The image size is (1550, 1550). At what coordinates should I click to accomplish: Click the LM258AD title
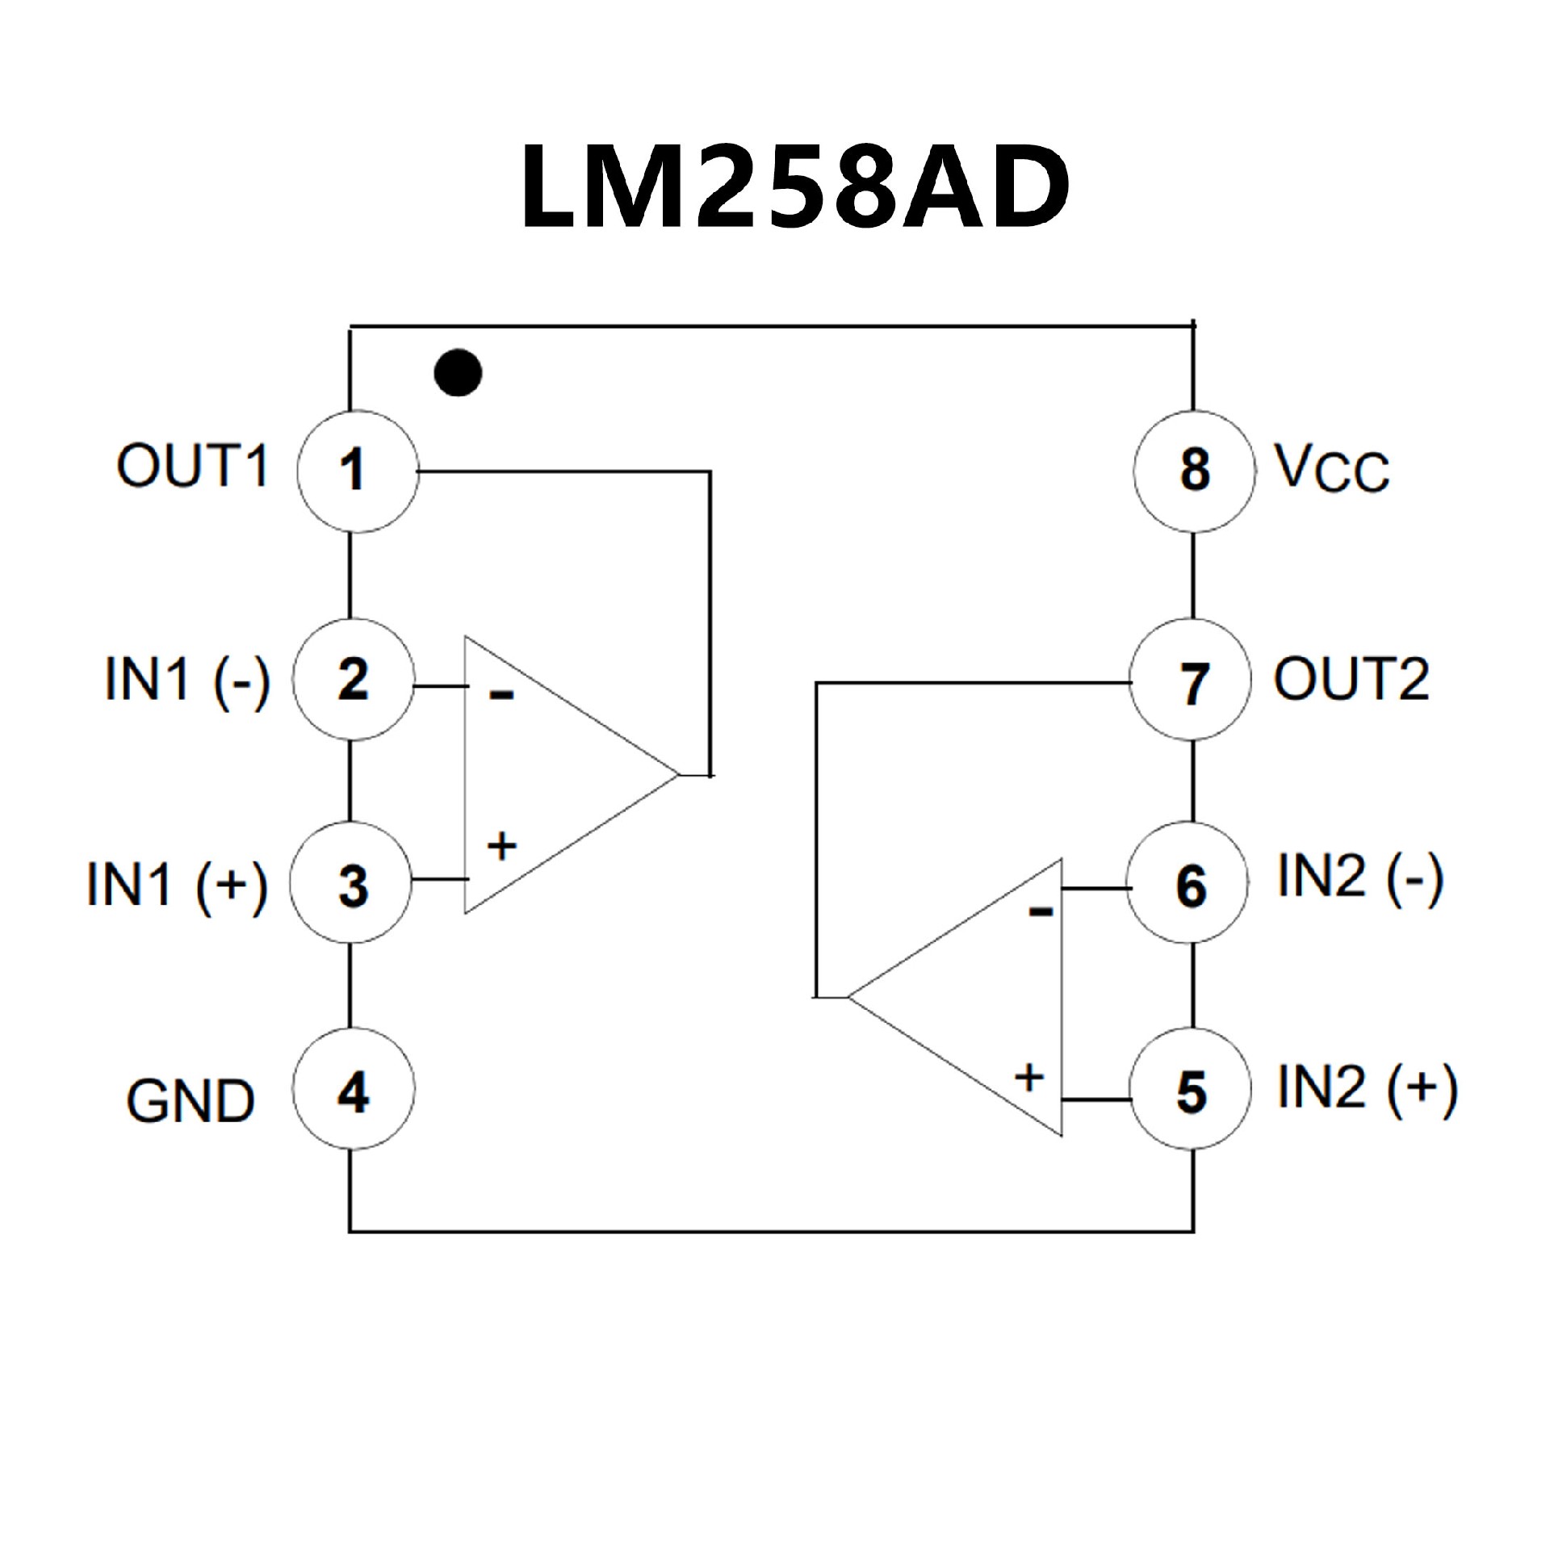click(x=795, y=187)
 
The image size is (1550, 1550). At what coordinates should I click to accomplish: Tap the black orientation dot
click(x=458, y=373)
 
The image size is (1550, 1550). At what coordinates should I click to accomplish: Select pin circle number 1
click(x=358, y=471)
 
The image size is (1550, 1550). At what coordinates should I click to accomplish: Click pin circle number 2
click(x=354, y=679)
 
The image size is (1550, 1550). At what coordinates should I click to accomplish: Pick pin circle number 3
click(x=351, y=882)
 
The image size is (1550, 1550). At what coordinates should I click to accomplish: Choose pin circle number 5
click(x=1191, y=1090)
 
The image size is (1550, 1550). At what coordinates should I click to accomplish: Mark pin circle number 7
click(x=1191, y=679)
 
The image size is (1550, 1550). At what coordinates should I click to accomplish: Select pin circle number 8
click(x=1195, y=471)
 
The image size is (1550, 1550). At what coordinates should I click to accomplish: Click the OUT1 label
click(x=192, y=466)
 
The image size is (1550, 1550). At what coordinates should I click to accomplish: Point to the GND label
click(x=191, y=1101)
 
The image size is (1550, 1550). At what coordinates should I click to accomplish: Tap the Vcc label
click(x=1332, y=469)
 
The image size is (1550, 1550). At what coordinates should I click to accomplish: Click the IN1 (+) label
click(x=177, y=886)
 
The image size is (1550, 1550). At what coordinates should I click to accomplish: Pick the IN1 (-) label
click(x=187, y=679)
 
